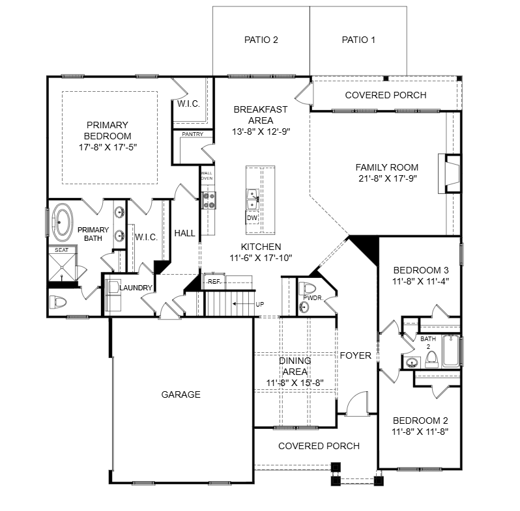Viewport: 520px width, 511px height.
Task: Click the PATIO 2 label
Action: pyautogui.click(x=261, y=40)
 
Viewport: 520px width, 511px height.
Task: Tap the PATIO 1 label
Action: pyautogui.click(x=358, y=40)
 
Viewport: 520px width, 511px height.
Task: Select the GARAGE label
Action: pyautogui.click(x=181, y=394)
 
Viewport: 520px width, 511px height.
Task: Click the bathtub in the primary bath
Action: pyautogui.click(x=63, y=221)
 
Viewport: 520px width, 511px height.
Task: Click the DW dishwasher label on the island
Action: pyautogui.click(x=252, y=217)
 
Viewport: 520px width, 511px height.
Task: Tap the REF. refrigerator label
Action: pyautogui.click(x=213, y=282)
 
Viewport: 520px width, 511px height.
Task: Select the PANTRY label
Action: pyautogui.click(x=192, y=135)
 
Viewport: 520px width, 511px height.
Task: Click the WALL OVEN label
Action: pyautogui.click(x=207, y=175)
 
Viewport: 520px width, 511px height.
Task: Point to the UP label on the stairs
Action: pyautogui.click(x=259, y=304)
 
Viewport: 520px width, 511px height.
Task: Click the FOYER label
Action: pyautogui.click(x=355, y=355)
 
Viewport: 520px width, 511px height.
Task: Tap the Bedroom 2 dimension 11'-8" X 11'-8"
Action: pyautogui.click(x=420, y=431)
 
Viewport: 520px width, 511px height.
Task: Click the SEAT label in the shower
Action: pyautogui.click(x=61, y=250)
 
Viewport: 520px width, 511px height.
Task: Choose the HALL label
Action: pyautogui.click(x=185, y=233)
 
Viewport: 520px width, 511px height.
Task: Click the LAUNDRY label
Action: pyautogui.click(x=136, y=288)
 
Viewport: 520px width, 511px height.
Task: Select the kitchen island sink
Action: pyautogui.click(x=252, y=195)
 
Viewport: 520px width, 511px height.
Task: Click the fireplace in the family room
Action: pyautogui.click(x=452, y=174)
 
